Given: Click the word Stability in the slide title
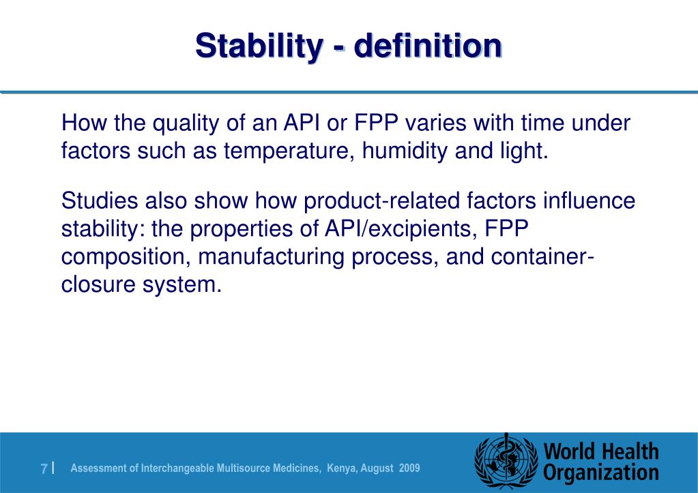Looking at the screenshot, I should [x=257, y=46].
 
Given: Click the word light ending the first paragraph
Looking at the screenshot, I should [x=525, y=151].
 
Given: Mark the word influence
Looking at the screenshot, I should [x=588, y=202].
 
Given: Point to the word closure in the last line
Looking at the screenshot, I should [x=98, y=284].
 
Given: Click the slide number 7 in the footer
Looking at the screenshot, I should [x=44, y=468].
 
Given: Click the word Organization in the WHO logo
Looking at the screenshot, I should [x=601, y=473].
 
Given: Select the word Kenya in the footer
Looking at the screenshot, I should [x=341, y=468].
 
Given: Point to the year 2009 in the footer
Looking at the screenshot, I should [x=409, y=468].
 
